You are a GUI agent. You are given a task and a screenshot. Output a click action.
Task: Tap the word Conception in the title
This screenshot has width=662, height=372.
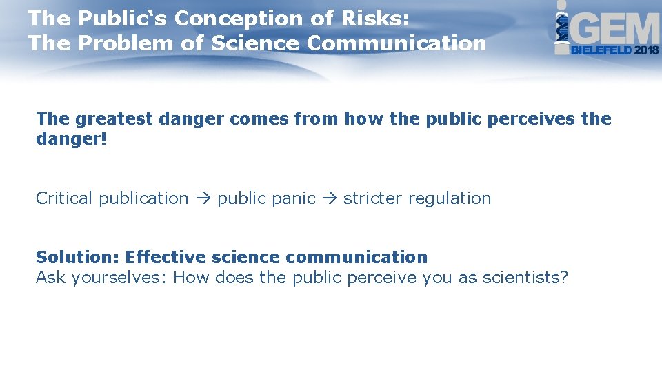tap(252, 19)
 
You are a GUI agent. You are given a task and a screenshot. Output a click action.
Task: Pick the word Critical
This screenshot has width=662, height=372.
tap(64, 198)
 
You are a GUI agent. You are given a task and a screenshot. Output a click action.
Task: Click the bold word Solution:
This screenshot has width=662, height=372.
tap(78, 258)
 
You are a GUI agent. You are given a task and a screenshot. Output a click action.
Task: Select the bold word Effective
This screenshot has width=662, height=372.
tap(165, 258)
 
